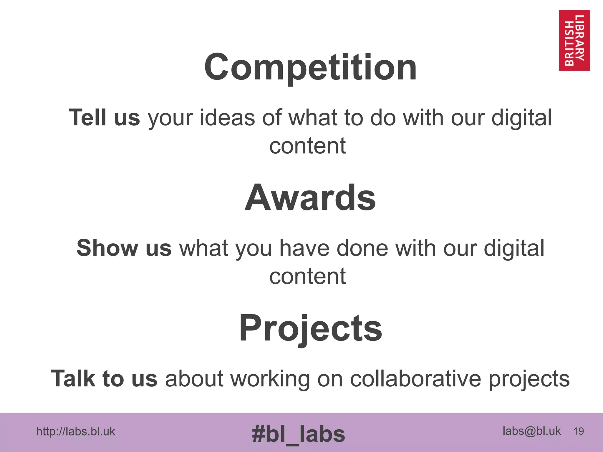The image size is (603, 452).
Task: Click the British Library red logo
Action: click(x=574, y=40)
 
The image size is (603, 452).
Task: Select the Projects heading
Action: click(x=310, y=328)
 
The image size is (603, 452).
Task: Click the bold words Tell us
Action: click(x=104, y=118)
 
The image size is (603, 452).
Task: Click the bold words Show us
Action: click(x=124, y=248)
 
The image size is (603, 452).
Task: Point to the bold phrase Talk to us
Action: click(x=104, y=379)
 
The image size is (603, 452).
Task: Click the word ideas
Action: click(x=227, y=118)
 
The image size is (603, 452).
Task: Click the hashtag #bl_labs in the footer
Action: click(x=298, y=434)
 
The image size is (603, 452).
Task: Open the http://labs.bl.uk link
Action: click(x=76, y=432)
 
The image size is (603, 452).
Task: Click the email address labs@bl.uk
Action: click(x=531, y=431)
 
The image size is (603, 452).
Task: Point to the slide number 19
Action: click(x=579, y=431)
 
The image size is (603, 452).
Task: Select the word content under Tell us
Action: click(x=307, y=146)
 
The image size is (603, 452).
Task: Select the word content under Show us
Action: click(x=307, y=277)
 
